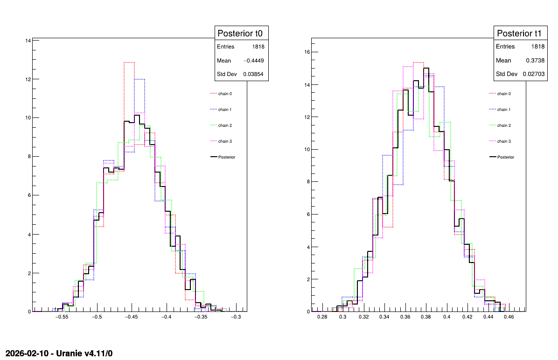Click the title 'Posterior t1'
point(519,33)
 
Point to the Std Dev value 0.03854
point(254,74)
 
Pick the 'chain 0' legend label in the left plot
point(225,94)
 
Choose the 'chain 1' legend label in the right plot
point(503,110)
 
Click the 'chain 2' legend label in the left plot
point(225,125)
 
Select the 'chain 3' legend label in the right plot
point(503,141)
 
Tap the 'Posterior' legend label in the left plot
point(227,157)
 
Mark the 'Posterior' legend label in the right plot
point(505,157)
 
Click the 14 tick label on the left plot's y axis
point(28,41)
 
